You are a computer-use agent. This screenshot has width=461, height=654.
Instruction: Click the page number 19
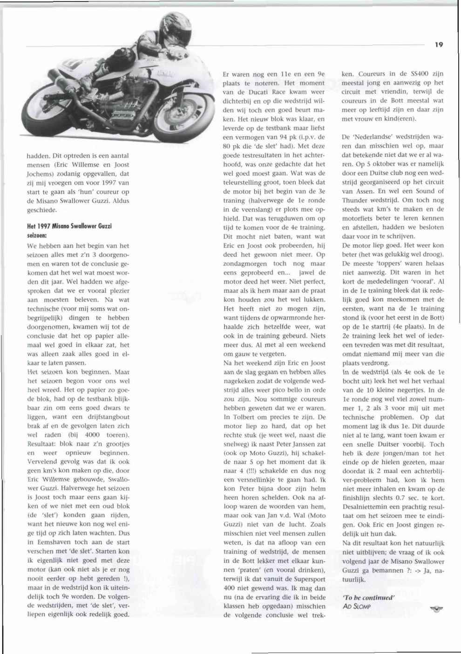(x=439, y=45)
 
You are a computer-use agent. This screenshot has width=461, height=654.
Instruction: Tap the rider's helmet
(x=175, y=28)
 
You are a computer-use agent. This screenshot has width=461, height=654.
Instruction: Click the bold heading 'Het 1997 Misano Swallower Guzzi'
(x=69, y=226)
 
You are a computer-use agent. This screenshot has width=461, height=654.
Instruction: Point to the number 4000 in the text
(x=95, y=435)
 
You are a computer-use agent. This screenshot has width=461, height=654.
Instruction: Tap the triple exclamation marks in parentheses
(x=247, y=471)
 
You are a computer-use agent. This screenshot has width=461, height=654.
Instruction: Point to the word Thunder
(x=357, y=200)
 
